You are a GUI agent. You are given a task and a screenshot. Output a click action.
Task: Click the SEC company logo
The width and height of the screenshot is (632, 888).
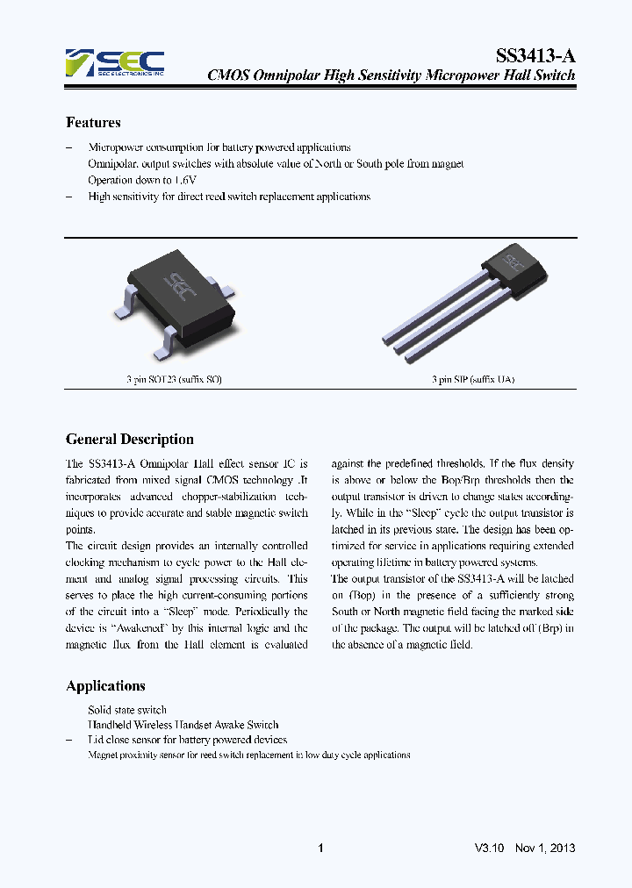(114, 63)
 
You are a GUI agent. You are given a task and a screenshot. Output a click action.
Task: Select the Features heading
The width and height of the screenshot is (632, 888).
(93, 123)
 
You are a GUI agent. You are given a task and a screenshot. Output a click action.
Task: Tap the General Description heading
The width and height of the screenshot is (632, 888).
(130, 440)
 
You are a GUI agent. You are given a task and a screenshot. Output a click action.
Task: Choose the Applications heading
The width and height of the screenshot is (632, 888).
(105, 686)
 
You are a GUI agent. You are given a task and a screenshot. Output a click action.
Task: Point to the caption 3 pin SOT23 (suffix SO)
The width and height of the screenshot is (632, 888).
(174, 380)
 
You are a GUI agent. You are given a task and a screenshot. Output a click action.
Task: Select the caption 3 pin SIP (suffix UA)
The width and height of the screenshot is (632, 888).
(472, 380)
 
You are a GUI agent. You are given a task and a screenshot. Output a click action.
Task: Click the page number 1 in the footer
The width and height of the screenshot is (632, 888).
(320, 849)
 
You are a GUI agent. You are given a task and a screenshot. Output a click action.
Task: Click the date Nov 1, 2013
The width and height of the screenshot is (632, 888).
(545, 849)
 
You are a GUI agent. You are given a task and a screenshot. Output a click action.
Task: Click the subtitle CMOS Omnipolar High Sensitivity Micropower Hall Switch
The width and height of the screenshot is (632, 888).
(391, 75)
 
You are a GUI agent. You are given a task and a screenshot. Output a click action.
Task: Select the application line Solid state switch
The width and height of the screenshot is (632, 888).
(127, 709)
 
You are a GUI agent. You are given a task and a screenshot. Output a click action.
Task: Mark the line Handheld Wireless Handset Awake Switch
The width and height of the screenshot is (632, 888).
(183, 725)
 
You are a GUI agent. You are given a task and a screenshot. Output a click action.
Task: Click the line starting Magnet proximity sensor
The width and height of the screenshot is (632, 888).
(248, 755)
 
